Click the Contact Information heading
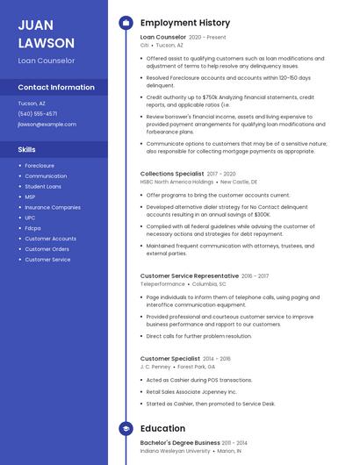pos(56,88)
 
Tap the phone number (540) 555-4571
pos(38,114)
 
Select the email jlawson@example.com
pos(47,125)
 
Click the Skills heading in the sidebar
pos(27,150)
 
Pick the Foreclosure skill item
pos(40,165)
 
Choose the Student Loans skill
pos(43,187)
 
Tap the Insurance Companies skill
pos(53,208)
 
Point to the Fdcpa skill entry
pos(33,228)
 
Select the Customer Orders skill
pos(47,249)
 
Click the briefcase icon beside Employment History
pos(126,23)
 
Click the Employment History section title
pos(185,23)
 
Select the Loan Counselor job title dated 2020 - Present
pos(163,38)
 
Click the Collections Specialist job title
pos(171,175)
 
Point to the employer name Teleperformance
pos(162,284)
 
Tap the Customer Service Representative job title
pos(190,276)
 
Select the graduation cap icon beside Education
pos(126,428)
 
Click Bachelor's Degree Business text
pos(180,443)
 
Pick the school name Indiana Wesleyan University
pos(176,451)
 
